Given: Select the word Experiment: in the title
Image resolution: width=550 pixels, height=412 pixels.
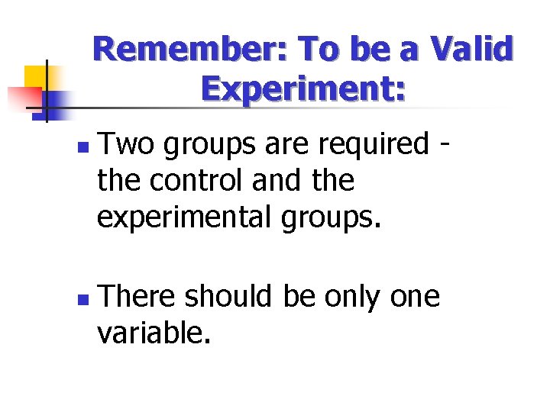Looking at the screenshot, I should click(x=303, y=90).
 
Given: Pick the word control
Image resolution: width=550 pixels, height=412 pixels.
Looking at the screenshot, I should click(x=196, y=181).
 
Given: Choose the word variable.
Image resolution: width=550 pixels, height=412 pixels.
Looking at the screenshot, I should click(x=153, y=332).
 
